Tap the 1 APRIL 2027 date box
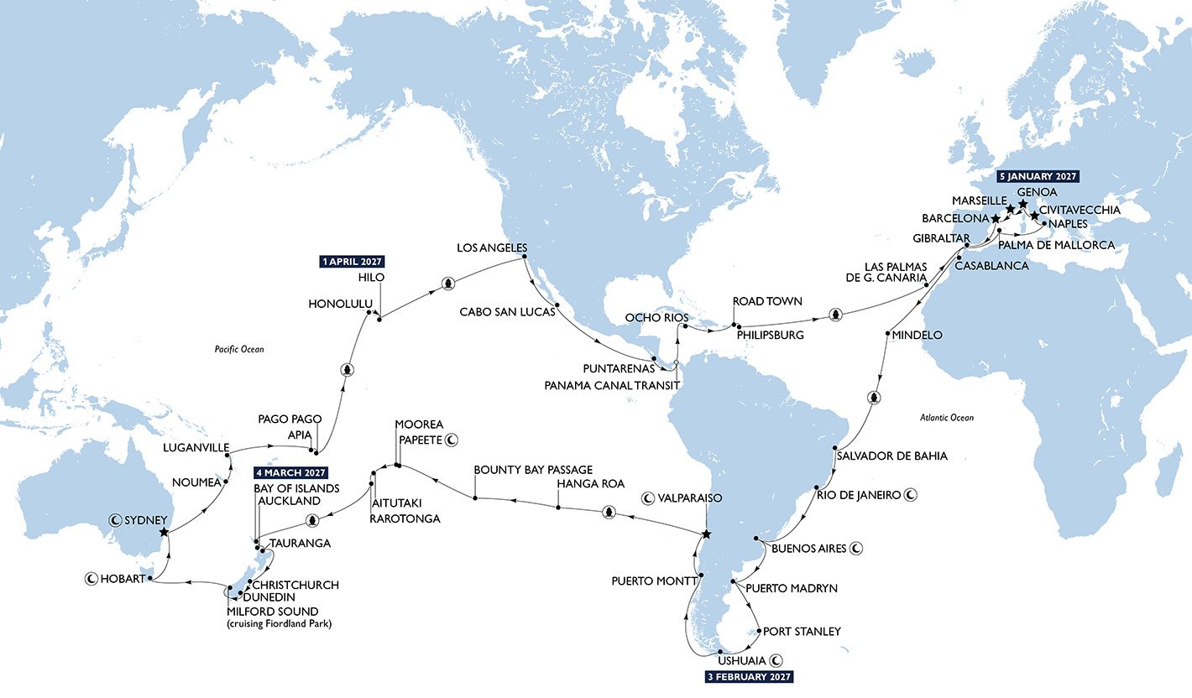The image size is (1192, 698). click(352, 261)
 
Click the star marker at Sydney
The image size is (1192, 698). click(164, 532)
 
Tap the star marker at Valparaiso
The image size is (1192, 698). click(706, 534)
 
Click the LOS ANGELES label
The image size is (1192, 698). click(491, 248)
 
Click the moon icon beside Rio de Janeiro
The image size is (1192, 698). click(910, 495)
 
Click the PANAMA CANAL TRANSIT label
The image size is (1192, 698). click(610, 384)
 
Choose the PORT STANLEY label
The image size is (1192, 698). click(802, 632)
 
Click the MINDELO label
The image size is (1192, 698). click(918, 335)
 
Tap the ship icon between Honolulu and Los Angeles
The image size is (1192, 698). click(448, 283)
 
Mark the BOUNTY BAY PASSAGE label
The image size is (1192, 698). click(533, 470)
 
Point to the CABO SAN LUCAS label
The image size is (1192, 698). click(507, 311)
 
